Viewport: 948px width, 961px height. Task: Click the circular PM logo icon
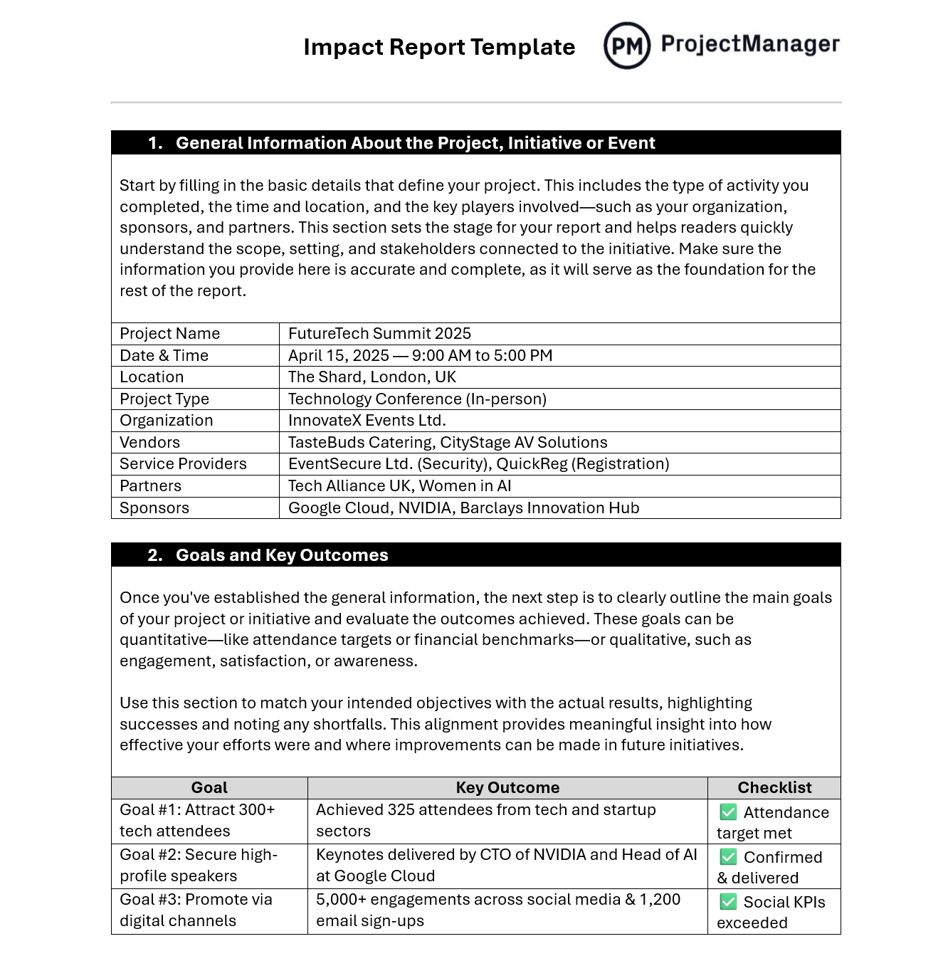point(626,46)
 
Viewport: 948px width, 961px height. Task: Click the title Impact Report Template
point(439,47)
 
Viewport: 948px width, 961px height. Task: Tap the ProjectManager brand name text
point(750,44)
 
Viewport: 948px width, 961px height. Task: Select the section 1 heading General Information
point(415,143)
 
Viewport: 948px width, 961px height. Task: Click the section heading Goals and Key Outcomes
point(282,555)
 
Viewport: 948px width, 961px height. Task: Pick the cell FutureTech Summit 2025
point(379,334)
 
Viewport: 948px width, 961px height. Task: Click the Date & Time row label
point(164,356)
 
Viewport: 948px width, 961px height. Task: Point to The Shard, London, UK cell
point(372,377)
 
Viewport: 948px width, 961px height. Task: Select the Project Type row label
point(164,399)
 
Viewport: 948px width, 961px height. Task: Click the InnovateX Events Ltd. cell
point(367,421)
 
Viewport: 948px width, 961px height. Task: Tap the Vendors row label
point(149,443)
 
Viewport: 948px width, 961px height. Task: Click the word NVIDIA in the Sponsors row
point(425,508)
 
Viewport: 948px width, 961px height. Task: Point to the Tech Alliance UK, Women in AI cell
point(399,486)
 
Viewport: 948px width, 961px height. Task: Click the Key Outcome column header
point(507,788)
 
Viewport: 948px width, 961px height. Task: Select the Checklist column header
point(774,788)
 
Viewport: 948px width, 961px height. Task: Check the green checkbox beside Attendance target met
point(728,812)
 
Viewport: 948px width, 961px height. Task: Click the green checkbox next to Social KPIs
point(728,902)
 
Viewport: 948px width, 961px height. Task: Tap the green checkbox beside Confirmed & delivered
point(728,857)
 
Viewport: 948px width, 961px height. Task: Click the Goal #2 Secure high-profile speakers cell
point(199,866)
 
